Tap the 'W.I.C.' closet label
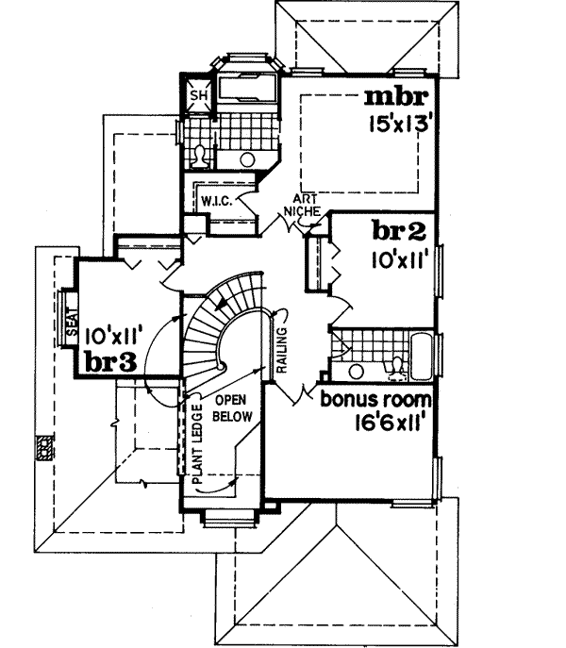(211, 200)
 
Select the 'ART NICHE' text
(304, 205)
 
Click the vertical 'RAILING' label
(281, 343)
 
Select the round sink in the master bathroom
(248, 158)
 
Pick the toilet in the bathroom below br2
(399, 363)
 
